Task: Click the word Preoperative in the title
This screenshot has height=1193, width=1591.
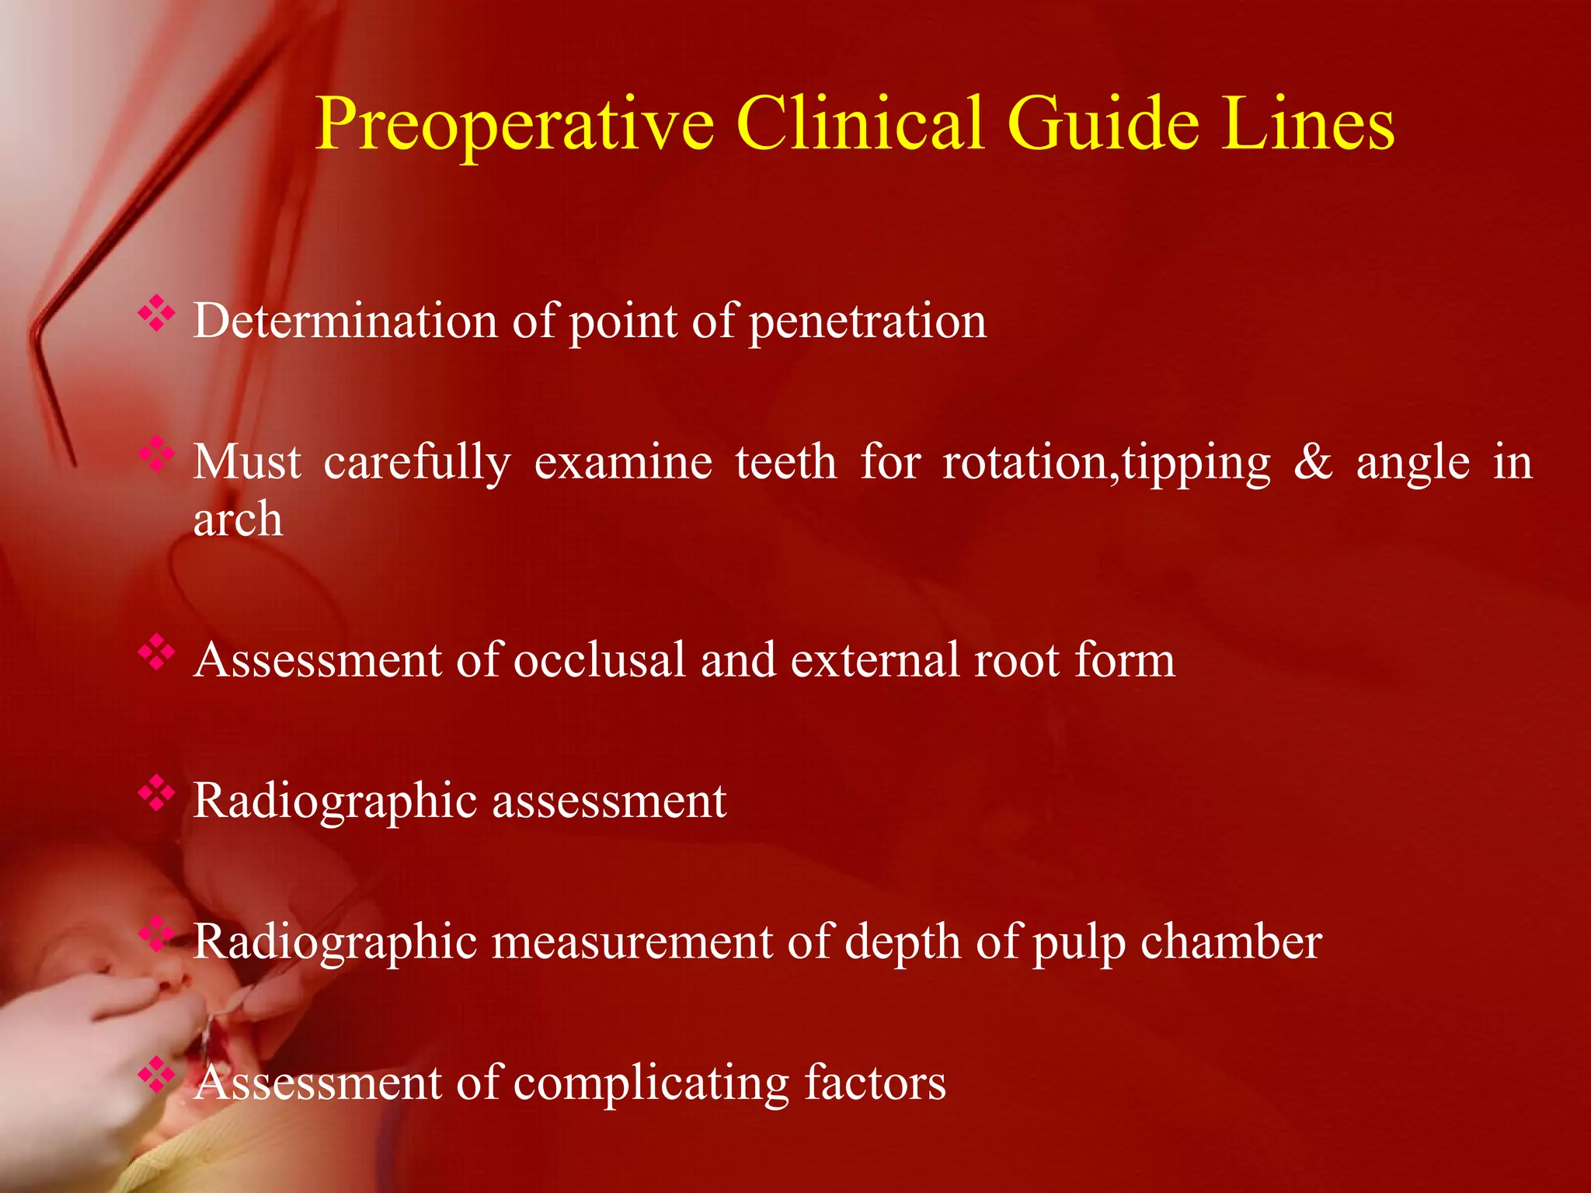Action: point(514,124)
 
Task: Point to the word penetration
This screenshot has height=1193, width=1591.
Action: point(868,321)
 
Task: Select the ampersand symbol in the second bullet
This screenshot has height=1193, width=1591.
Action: point(1313,462)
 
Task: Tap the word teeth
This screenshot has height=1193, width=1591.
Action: point(786,462)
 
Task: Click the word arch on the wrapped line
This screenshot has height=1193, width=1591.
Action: point(238,519)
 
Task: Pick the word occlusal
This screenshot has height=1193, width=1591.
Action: point(599,660)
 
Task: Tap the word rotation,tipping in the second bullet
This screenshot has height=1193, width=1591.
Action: point(1107,464)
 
